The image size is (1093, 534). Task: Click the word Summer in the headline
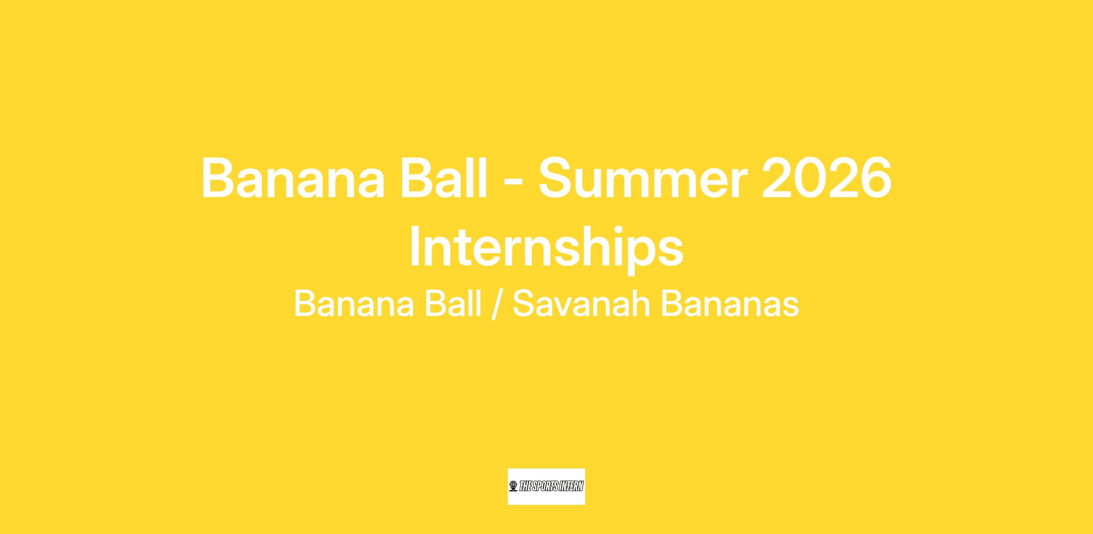[644, 178]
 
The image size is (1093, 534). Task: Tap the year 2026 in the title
[827, 178]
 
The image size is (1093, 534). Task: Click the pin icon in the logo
[513, 487]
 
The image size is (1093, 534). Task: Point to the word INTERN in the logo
[571, 487]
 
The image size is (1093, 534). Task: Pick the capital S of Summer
[557, 178]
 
